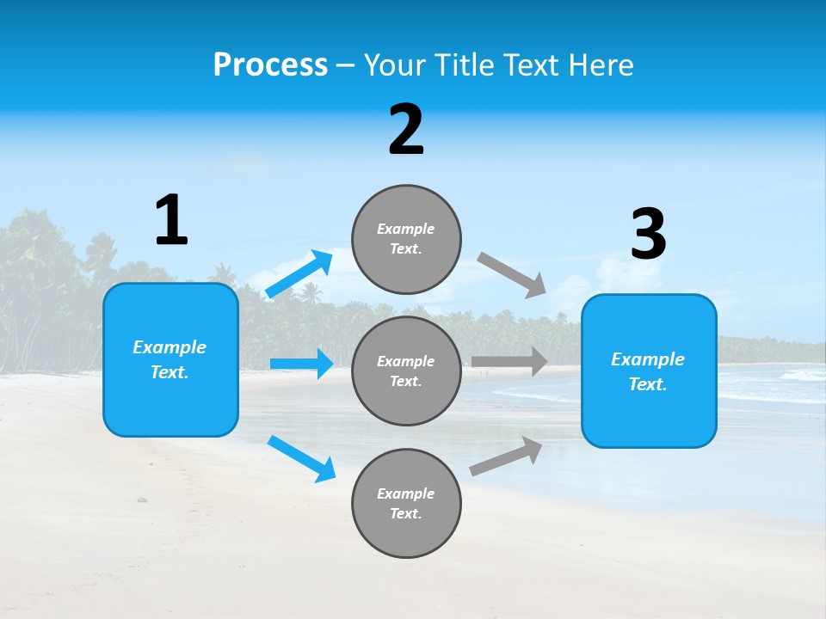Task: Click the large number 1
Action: (171, 220)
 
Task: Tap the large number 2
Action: (406, 131)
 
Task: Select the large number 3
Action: (648, 235)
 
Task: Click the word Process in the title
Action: (270, 64)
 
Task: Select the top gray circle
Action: (406, 239)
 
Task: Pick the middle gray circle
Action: (406, 371)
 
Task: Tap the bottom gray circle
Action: (406, 503)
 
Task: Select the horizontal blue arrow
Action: (302, 364)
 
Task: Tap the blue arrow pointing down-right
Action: (302, 458)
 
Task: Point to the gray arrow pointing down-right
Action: (512, 275)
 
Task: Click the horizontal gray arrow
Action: (510, 361)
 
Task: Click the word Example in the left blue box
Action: (170, 347)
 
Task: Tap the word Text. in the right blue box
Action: (648, 384)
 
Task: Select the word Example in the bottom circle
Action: (406, 493)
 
